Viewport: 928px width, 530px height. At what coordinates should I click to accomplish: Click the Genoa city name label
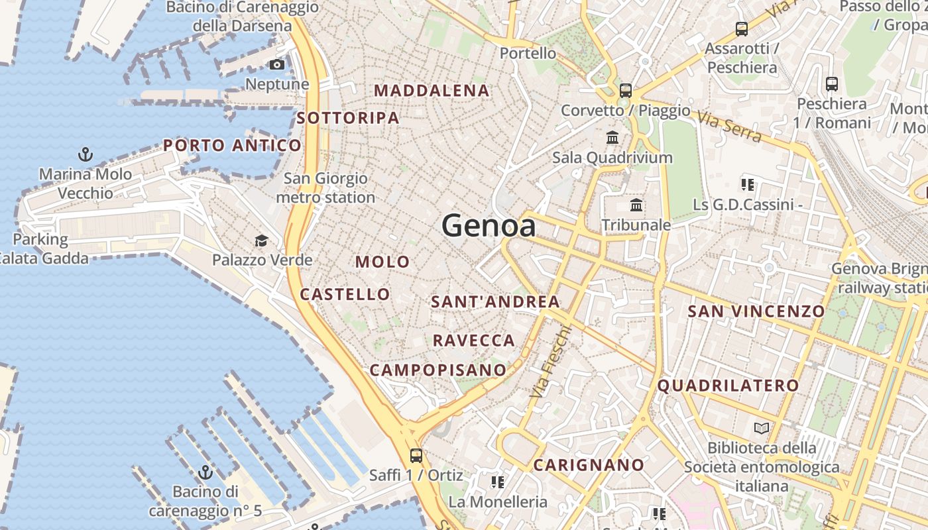coord(489,226)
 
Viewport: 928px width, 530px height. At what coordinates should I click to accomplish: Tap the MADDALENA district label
coord(432,91)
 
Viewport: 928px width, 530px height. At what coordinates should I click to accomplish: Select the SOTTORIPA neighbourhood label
coord(348,118)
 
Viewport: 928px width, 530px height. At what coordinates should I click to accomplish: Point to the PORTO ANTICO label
coord(232,145)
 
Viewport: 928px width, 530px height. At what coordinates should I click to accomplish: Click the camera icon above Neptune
coord(277,64)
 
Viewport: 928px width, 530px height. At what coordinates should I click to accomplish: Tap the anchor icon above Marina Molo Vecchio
coord(85,155)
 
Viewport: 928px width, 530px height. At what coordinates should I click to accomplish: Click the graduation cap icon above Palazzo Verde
coord(262,240)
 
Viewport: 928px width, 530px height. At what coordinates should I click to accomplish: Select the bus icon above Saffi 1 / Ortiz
coord(416,456)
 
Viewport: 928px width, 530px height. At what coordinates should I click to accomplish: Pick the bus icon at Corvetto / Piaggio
coord(625,91)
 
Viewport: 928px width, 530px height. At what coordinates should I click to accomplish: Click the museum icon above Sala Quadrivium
coord(612,138)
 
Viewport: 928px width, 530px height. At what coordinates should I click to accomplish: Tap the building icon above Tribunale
coord(636,205)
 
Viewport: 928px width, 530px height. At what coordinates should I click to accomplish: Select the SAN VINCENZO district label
coord(756,311)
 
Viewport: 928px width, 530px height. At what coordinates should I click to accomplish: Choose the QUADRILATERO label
coord(728,386)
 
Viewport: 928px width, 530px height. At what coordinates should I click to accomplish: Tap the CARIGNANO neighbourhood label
coord(589,465)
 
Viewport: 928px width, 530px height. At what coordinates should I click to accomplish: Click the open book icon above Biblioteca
coord(762,429)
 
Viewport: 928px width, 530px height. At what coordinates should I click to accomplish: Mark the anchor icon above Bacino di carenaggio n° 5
coord(205,472)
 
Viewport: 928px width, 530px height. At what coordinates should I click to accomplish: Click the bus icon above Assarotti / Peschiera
coord(741,29)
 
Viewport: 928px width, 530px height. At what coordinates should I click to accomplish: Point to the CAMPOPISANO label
coord(437,370)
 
